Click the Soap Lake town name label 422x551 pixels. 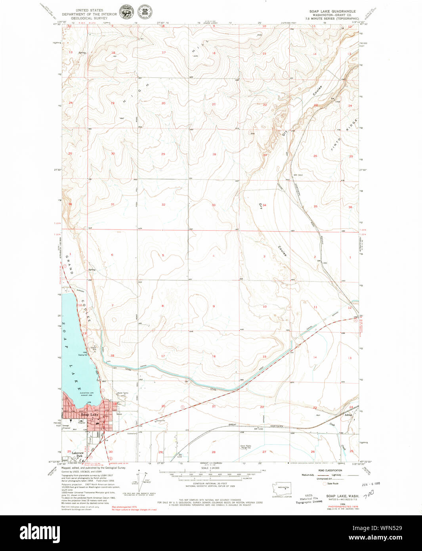coord(90,415)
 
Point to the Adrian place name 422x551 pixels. coord(348,415)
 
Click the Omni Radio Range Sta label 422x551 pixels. coord(246,446)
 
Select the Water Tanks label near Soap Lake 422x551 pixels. coord(122,393)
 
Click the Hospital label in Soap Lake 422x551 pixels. coord(82,423)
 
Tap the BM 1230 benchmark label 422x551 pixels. coord(258,429)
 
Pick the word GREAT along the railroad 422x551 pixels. coord(232,425)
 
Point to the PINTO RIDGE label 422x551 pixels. coord(346,135)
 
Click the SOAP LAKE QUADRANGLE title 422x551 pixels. coord(332,11)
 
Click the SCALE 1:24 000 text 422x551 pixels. coord(210,468)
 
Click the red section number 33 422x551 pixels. coord(214,205)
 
